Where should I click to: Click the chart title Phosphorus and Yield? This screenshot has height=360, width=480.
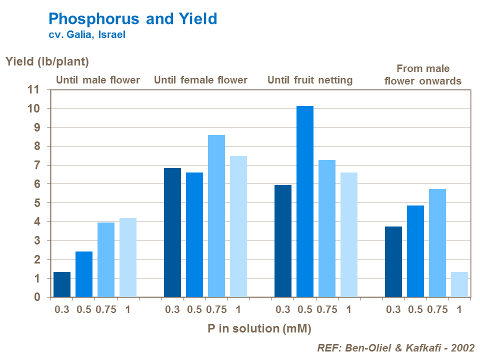132,19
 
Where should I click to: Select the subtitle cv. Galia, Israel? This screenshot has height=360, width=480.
86,35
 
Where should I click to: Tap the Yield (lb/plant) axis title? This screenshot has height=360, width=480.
47,62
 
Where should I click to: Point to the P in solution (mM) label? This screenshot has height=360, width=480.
259,328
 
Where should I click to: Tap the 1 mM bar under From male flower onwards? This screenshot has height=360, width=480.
459,284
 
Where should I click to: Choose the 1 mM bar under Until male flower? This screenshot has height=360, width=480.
128,257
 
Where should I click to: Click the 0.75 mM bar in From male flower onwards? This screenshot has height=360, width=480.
437,243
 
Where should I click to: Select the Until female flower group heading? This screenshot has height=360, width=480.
200,80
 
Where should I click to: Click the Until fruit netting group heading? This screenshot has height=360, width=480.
310,80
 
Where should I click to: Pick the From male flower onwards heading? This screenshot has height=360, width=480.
423,74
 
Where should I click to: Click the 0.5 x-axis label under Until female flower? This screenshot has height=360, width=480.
194,309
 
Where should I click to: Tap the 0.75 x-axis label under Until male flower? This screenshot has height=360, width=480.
106,309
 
